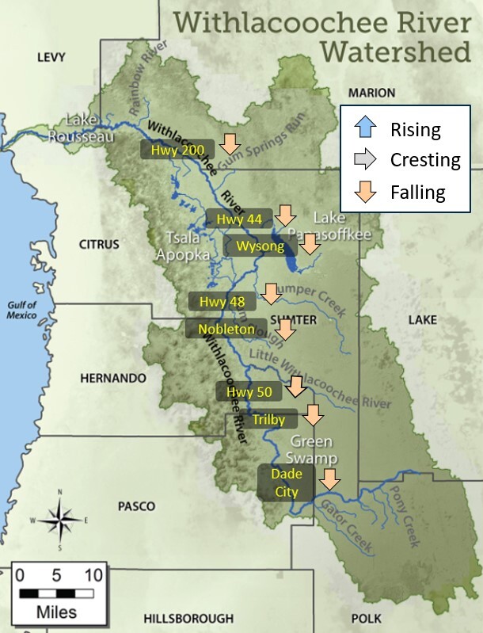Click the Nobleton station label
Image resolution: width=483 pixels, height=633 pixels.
226,329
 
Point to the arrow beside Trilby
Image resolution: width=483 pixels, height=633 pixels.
314,415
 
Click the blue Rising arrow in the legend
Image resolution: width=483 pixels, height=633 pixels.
366,128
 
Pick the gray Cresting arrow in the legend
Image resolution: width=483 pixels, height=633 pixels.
366,160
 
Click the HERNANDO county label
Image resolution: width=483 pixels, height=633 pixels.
113,378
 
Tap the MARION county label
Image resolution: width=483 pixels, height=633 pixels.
371,93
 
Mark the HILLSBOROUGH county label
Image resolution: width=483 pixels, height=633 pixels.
188,617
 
